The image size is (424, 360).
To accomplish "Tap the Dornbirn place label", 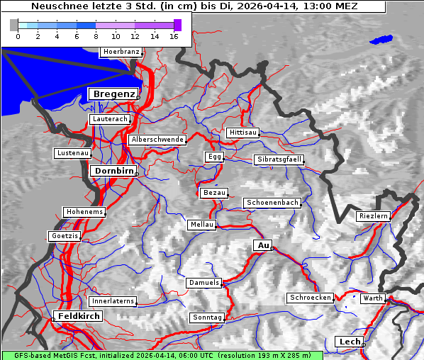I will point(113,171).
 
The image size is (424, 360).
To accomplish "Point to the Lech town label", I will point(350,342).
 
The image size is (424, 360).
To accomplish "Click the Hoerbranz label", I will point(121,52).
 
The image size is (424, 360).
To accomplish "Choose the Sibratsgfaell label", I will point(279,159).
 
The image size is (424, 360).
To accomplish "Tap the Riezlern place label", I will point(373,215).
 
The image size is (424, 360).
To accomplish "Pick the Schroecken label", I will point(310,298).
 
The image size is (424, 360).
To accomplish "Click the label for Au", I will point(263,245).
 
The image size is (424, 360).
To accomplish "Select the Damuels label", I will point(204,283).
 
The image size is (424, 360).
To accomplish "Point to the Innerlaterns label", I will point(113,301).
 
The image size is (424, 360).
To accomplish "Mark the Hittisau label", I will point(243,133).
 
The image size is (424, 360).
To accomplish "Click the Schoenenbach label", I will point(272,203).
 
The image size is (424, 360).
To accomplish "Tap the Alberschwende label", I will point(157,140).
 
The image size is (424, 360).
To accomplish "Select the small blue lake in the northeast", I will point(381,39).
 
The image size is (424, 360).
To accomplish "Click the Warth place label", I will point(372,298).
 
